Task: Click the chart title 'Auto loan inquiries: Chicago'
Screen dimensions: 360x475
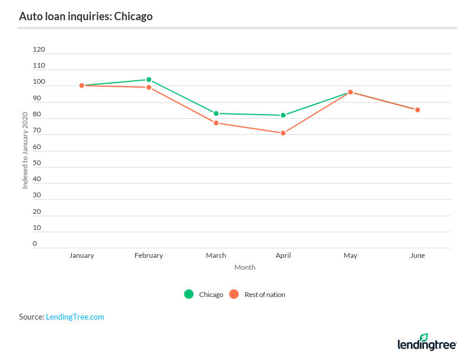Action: pos(85,16)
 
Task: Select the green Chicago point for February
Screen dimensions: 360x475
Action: pos(149,80)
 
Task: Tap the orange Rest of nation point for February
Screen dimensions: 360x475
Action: pos(149,87)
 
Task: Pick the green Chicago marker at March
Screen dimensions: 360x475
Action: pos(216,113)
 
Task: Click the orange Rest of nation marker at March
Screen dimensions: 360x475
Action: pos(216,123)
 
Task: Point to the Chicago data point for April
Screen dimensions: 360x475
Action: pos(283,115)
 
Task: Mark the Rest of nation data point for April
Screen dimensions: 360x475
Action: pos(283,133)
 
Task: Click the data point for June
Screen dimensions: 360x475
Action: pos(417,110)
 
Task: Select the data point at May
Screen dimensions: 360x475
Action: pos(350,92)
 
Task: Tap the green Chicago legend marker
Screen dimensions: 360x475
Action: pos(189,294)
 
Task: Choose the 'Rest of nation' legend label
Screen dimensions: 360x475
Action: pos(265,295)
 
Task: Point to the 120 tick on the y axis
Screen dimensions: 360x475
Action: pos(39,49)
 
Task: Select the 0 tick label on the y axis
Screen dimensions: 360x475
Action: pos(35,244)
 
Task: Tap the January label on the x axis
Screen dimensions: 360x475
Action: pos(82,255)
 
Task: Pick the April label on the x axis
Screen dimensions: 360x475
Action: pos(283,255)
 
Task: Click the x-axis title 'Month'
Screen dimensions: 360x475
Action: pos(245,267)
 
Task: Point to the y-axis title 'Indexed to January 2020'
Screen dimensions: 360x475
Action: pos(26,150)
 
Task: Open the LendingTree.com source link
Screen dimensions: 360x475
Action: pos(75,317)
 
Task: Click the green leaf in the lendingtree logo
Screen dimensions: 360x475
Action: pos(423,338)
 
